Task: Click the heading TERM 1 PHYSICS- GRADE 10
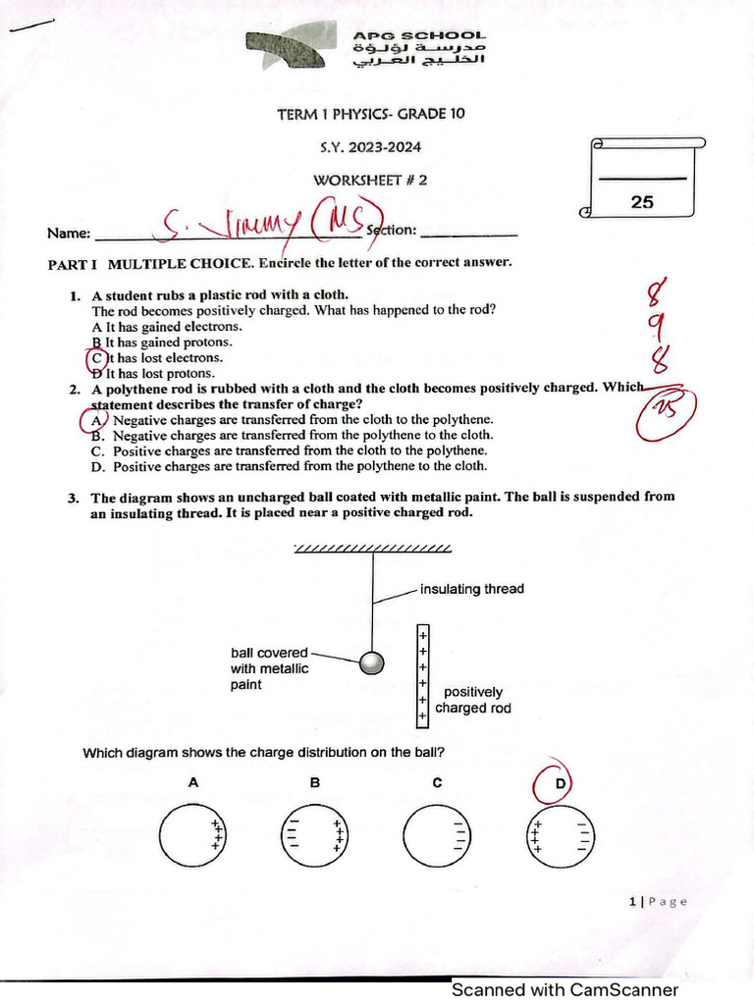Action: (x=371, y=114)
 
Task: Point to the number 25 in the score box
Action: (x=642, y=202)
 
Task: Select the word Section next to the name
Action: (x=392, y=231)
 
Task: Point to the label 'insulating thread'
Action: (x=471, y=589)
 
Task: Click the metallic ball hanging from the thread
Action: (x=371, y=663)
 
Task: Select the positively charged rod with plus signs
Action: (x=422, y=675)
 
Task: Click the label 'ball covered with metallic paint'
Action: (x=269, y=668)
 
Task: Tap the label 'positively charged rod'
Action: (x=472, y=700)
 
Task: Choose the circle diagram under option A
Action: (x=193, y=834)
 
